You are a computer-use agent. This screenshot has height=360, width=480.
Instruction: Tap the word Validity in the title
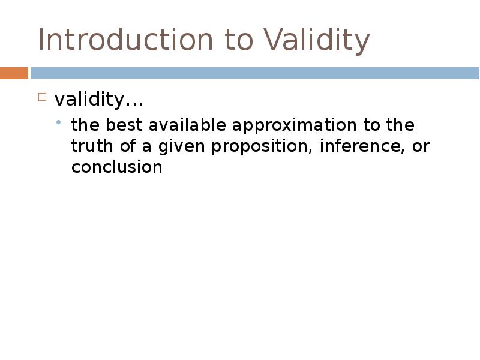[x=316, y=40]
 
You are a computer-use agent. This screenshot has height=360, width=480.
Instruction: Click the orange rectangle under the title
[x=14, y=73]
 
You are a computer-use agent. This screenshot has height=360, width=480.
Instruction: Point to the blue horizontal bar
[x=255, y=73]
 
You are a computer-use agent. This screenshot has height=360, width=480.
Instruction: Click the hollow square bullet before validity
[x=42, y=97]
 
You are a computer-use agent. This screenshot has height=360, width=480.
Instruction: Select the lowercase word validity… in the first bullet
[x=99, y=99]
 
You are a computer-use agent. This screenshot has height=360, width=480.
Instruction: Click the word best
[x=124, y=125]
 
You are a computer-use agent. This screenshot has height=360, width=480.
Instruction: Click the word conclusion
[x=116, y=167]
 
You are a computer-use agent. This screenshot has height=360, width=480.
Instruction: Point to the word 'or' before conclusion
[x=421, y=146]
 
